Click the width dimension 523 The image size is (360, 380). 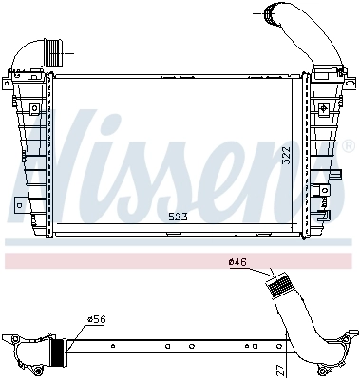click(x=178, y=218)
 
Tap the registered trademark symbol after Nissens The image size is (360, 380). click(x=349, y=146)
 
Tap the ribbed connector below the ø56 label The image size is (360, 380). click(x=58, y=351)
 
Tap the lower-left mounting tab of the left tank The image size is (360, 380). click(x=19, y=202)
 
